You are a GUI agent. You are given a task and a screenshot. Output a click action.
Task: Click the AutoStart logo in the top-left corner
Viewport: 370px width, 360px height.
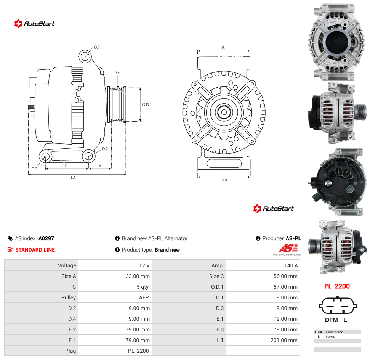click(34, 23)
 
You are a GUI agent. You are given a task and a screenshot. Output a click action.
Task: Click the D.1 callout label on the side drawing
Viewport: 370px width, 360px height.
click(97, 47)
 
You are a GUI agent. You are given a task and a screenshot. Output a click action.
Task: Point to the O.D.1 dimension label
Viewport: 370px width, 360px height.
click(147, 104)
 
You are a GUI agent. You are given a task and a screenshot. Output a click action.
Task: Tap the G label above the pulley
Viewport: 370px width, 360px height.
click(118, 72)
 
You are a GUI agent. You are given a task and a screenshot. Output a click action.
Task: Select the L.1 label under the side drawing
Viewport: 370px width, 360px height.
click(73, 178)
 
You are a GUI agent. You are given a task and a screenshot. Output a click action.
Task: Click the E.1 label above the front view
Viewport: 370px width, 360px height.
click(224, 48)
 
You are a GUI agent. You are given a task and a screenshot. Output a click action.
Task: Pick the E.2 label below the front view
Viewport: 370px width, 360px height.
click(225, 180)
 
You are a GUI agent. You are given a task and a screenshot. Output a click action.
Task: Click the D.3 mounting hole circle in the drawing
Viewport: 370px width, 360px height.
click(45, 156)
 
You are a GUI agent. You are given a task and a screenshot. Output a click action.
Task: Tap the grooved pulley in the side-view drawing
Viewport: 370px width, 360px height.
click(117, 104)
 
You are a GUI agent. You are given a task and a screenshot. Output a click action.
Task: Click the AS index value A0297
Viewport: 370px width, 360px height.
click(46, 238)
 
